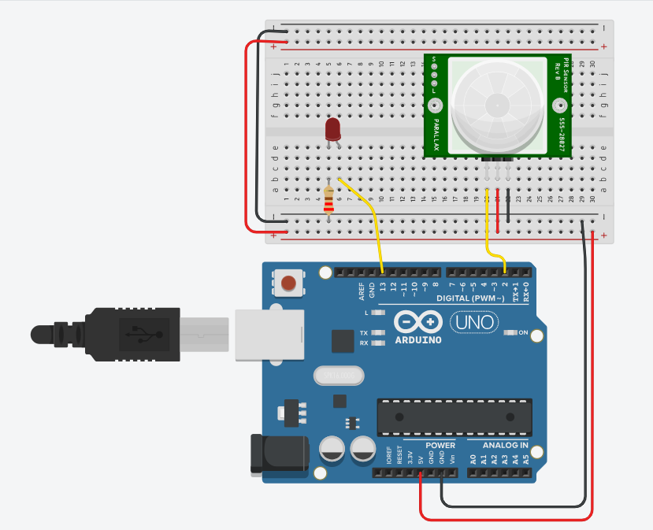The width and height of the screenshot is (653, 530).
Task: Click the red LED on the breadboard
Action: click(x=333, y=130)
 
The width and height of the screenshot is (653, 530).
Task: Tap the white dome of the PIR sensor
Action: click(x=498, y=103)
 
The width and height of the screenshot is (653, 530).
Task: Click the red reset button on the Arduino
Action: click(x=289, y=282)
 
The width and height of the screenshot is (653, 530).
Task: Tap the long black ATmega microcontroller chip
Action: click(x=454, y=417)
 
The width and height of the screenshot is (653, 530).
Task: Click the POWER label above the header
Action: click(x=440, y=445)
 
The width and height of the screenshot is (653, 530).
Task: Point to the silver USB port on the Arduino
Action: click(x=268, y=334)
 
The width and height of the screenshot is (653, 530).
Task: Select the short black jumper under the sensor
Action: click(x=508, y=206)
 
